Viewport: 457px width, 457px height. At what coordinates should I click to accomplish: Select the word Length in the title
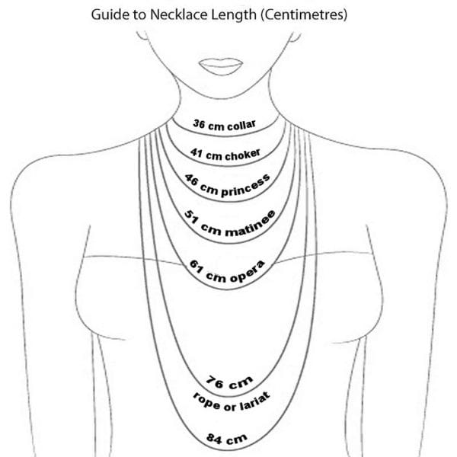click(234, 15)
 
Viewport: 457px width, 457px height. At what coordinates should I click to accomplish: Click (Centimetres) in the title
click(304, 15)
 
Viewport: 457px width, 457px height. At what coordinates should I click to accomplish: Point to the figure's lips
click(221, 66)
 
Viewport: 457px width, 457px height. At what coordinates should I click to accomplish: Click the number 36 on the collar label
click(199, 123)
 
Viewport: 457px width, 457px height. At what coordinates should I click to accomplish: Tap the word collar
click(241, 126)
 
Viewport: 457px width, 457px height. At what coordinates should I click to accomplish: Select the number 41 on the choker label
click(197, 152)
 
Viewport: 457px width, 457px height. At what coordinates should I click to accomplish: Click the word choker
click(242, 155)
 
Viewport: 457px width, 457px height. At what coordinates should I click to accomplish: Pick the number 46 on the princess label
click(191, 180)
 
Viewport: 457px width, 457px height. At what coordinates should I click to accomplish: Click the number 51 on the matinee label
click(191, 217)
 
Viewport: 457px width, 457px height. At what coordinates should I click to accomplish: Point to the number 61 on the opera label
click(196, 267)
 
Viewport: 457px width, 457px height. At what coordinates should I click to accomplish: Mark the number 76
click(215, 382)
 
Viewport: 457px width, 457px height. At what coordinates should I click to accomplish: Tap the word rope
click(206, 401)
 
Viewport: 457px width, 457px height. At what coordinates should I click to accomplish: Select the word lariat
click(255, 401)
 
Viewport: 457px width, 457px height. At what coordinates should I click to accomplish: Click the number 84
click(214, 439)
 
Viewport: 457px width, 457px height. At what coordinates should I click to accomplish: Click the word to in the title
click(139, 15)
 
